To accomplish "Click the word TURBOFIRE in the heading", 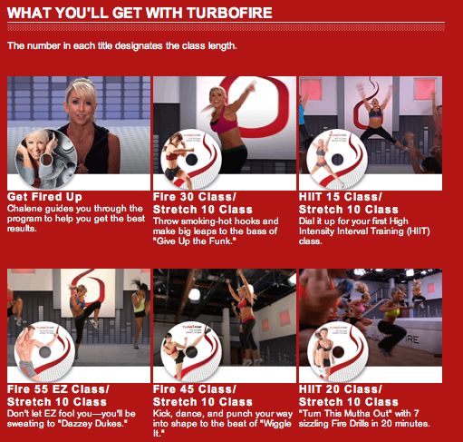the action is (x=229, y=13).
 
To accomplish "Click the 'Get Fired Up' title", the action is (x=44, y=197).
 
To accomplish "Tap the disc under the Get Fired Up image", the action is (x=45, y=160).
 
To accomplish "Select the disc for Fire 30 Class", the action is (x=191, y=160).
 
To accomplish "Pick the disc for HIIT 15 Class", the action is (x=337, y=160).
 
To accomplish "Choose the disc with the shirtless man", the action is (x=44, y=351).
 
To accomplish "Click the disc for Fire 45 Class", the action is (x=191, y=351).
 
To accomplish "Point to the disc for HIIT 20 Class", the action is (x=338, y=351).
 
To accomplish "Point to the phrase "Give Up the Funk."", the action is (x=195, y=241).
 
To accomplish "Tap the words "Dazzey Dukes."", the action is (x=94, y=424).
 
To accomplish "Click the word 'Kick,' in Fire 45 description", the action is (x=163, y=414).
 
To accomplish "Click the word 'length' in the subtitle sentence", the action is (x=223, y=46).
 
